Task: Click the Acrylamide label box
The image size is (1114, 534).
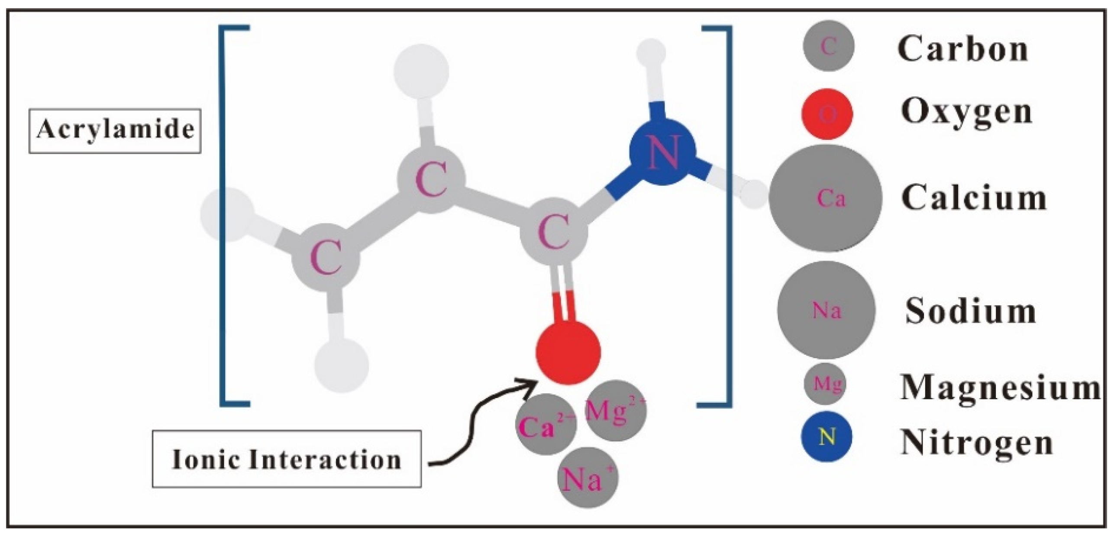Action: (115, 130)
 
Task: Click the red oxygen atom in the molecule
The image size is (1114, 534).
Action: (568, 352)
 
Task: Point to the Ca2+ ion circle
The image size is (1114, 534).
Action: (546, 424)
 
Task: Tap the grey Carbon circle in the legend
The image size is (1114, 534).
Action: (828, 46)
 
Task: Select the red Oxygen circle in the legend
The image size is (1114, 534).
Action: (827, 114)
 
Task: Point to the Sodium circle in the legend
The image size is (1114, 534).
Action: (826, 310)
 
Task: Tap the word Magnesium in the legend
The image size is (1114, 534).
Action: (1000, 388)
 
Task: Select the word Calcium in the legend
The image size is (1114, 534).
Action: (974, 197)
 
